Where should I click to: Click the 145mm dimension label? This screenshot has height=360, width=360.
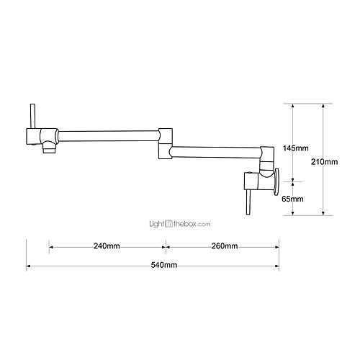[295, 148]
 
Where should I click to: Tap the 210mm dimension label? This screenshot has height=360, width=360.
[324, 162]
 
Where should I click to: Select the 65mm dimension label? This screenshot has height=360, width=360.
[292, 199]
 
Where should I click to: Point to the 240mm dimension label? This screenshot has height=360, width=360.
[107, 246]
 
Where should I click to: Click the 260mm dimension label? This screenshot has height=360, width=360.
[225, 246]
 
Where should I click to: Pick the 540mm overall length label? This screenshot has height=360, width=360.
[164, 265]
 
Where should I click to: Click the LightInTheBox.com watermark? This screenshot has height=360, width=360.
[180, 224]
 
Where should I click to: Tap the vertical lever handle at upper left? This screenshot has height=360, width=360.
[33, 116]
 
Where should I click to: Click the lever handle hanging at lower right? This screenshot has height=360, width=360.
[248, 202]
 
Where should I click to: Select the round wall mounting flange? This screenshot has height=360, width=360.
[276, 181]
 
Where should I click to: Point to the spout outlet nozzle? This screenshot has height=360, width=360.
[49, 147]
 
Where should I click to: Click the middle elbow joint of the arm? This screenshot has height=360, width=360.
[166, 143]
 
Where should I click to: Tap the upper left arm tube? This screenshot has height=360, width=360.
[109, 136]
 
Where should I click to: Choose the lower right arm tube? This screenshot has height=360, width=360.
[216, 152]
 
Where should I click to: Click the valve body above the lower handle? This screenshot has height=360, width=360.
[252, 181]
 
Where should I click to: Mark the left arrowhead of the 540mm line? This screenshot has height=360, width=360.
[28, 266]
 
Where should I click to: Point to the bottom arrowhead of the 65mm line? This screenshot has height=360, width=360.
[292, 213]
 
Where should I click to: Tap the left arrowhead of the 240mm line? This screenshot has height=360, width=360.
[51, 247]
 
